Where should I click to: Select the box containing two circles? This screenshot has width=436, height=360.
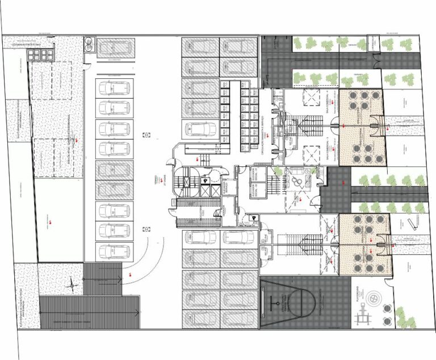tap(90, 44)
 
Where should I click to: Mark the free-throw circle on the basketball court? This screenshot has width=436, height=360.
tap(279, 300)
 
